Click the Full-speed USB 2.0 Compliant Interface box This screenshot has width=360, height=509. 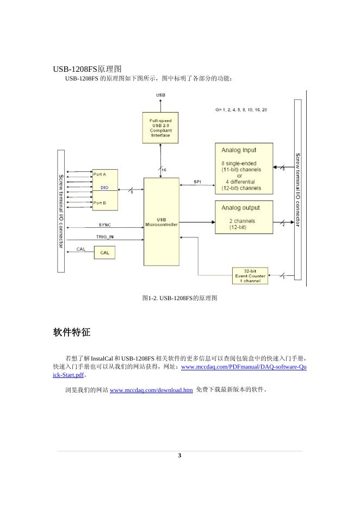click(x=160, y=128)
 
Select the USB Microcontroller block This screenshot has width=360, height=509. click(x=161, y=222)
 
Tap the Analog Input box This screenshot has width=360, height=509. click(x=244, y=169)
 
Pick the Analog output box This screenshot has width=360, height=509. click(x=244, y=217)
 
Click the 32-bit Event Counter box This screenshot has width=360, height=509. click(x=251, y=276)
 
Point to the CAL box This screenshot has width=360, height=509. click(x=104, y=253)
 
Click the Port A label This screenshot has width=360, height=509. click(x=100, y=174)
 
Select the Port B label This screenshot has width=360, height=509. click(x=100, y=203)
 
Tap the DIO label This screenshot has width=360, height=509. click(x=104, y=188)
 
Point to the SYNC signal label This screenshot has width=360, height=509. click(x=105, y=225)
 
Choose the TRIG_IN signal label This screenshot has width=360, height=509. click(x=105, y=237)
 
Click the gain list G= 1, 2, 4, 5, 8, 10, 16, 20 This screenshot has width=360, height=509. click(x=241, y=110)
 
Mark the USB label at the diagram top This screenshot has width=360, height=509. click(x=160, y=95)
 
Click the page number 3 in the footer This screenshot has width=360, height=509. click(x=179, y=455)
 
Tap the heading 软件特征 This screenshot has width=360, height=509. click(x=72, y=332)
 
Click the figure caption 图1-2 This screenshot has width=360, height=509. click(x=179, y=298)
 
